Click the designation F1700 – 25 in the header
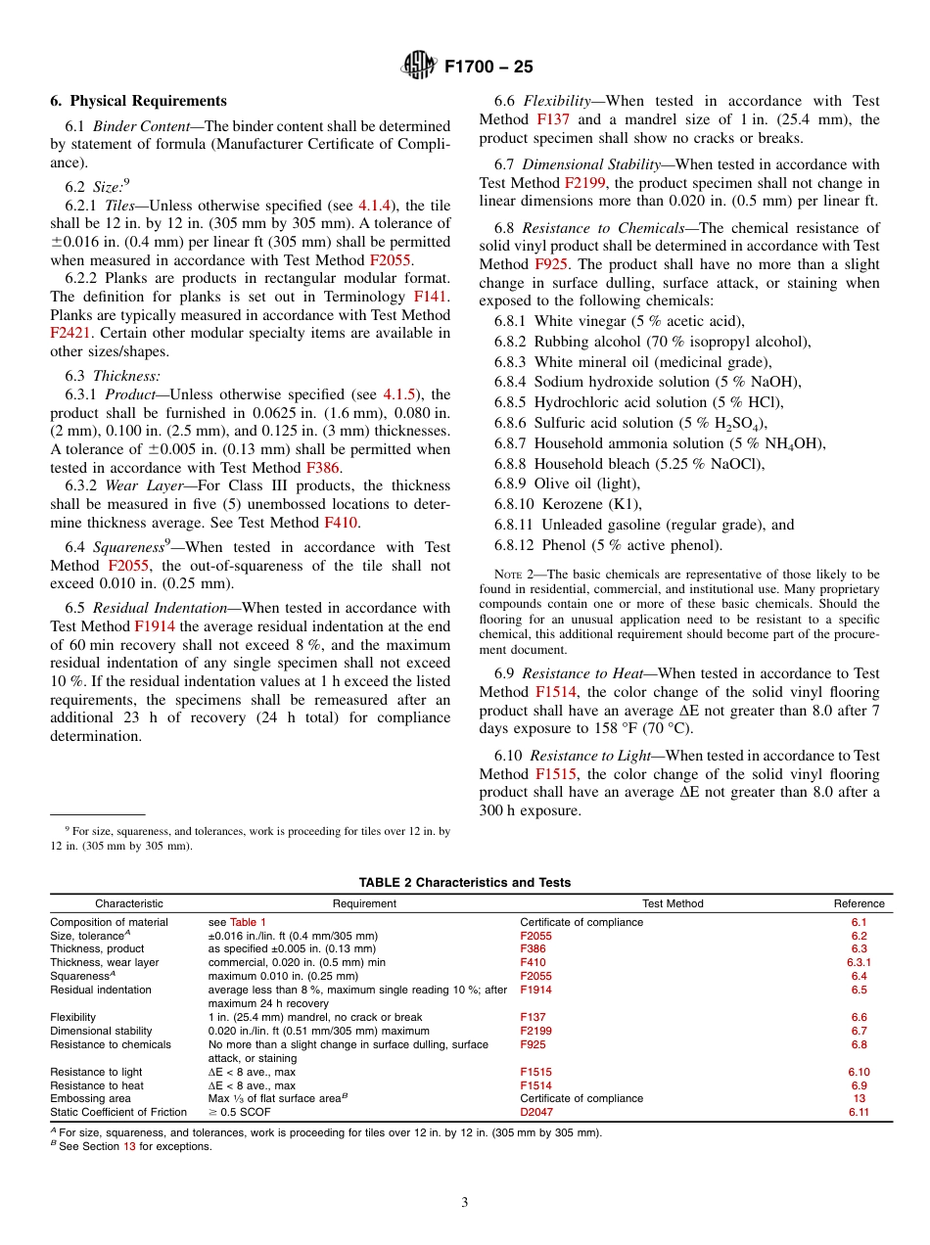click(488, 68)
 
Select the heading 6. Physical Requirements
click(138, 101)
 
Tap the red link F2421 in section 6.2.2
click(70, 333)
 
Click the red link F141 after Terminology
click(432, 295)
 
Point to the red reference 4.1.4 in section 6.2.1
click(374, 205)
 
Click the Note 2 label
click(513, 575)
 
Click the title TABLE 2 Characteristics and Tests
click(464, 882)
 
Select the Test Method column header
click(672, 903)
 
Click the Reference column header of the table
click(859, 903)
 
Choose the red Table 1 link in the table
click(248, 922)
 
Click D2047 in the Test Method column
click(535, 1112)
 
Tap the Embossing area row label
click(90, 1098)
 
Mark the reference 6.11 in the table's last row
click(859, 1112)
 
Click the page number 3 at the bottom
click(464, 1203)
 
